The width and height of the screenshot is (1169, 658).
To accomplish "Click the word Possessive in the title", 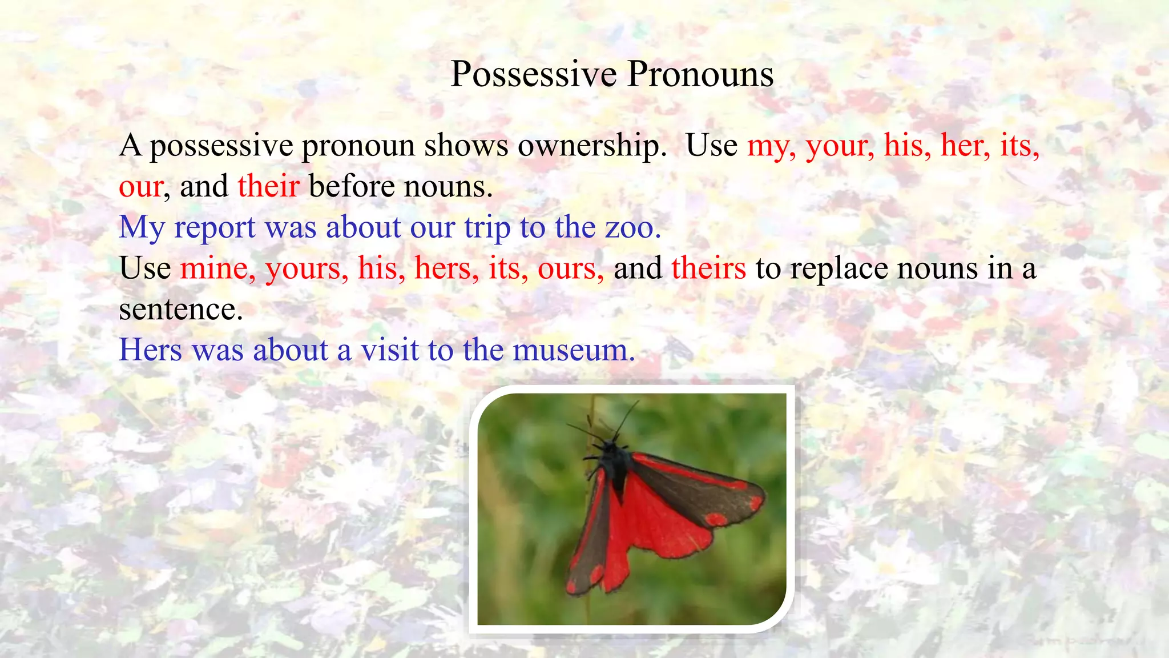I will (534, 74).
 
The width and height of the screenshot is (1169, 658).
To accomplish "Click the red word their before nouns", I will (268, 186).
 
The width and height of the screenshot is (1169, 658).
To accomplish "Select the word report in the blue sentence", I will (215, 228).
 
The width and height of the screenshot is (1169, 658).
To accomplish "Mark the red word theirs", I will (708, 268).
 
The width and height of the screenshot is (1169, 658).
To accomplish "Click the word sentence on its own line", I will (180, 310).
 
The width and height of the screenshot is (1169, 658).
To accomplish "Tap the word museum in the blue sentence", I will (573, 350).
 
